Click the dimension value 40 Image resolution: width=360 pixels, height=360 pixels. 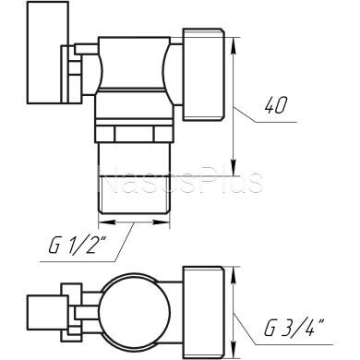click(274, 105)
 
